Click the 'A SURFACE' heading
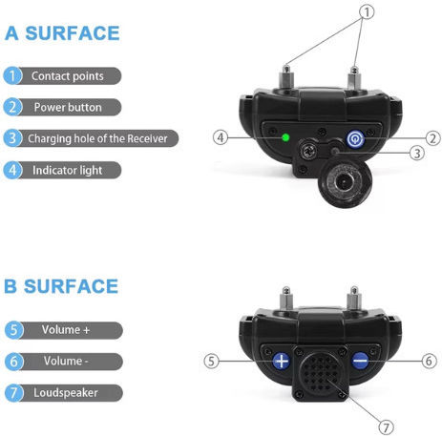click(x=62, y=33)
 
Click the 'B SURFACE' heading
click(x=61, y=286)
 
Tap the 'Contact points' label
click(x=68, y=76)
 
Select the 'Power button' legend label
click(x=68, y=108)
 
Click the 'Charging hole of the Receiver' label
click(x=97, y=138)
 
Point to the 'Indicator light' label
click(x=68, y=171)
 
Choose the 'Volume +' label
click(x=66, y=330)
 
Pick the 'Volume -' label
click(x=66, y=361)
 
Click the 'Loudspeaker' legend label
click(x=66, y=393)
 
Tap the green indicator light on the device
click(x=285, y=137)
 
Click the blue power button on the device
click(x=355, y=139)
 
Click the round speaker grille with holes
click(x=320, y=373)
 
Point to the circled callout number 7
click(x=386, y=427)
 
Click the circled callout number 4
click(x=221, y=137)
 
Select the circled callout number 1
click(x=367, y=12)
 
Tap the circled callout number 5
click(x=211, y=361)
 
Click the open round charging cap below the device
click(x=345, y=183)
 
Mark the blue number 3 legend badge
click(x=12, y=138)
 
